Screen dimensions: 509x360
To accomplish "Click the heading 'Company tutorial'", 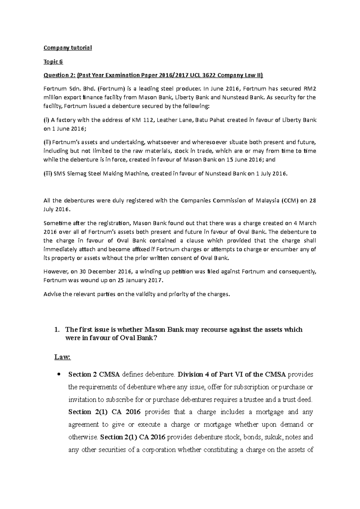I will pyautogui.click(x=67, y=48).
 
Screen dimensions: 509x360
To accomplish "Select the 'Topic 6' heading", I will pyautogui.click(x=53, y=62).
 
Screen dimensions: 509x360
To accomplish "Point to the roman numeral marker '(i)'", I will pyautogui.click(x=46, y=120).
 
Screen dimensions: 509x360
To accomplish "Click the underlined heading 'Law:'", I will pyautogui.click(x=62, y=357).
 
